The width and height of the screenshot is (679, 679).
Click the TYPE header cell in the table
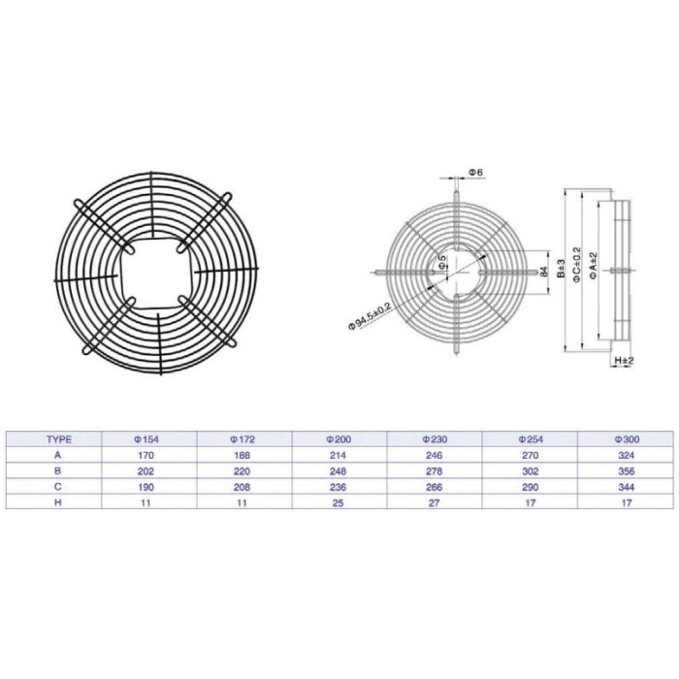click(59, 439)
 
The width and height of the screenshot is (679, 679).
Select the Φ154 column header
click(145, 439)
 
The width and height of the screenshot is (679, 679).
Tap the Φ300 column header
click(627, 439)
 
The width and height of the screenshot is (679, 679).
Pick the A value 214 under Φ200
click(339, 455)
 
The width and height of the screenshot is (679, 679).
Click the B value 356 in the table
click(627, 471)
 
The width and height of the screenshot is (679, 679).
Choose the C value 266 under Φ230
click(435, 487)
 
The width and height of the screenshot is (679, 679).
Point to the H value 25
click(339, 502)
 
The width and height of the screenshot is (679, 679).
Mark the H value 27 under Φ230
click(435, 502)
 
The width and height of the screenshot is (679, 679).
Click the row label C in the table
click(58, 487)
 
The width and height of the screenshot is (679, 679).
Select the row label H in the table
click(58, 502)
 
